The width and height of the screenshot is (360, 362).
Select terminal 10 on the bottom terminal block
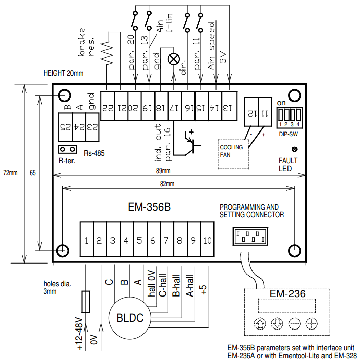pos(206,241)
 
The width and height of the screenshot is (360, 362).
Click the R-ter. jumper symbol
pos(67,149)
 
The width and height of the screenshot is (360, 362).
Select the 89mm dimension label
pos(163,170)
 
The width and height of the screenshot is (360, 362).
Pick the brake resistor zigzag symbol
pos(108,50)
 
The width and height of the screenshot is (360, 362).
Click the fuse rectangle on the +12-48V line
pos(86,302)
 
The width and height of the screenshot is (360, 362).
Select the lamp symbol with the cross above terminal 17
pos(173,59)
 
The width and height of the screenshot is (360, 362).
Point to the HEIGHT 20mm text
pos(63,74)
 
